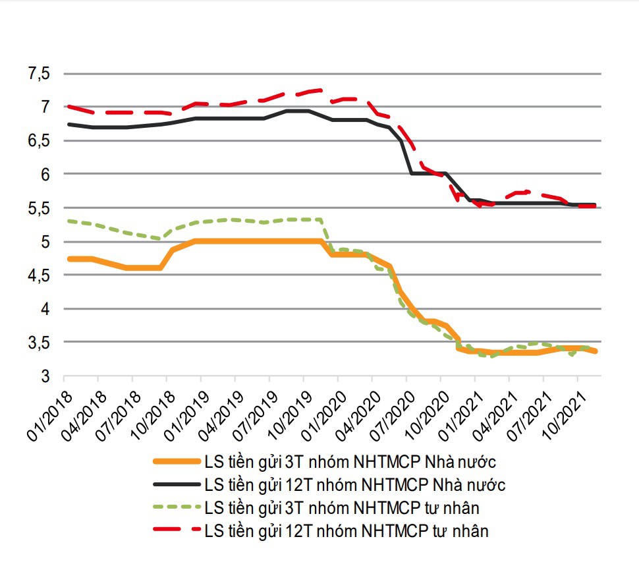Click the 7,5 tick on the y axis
click(x=39, y=73)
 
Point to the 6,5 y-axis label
click(x=39, y=140)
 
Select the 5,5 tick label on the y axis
click(x=39, y=208)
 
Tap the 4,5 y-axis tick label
click(x=39, y=275)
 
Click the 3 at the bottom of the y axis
click(x=44, y=376)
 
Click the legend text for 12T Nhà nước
click(x=355, y=485)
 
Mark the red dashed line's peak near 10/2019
click(x=319, y=90)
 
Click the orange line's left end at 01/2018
click(x=69, y=259)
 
